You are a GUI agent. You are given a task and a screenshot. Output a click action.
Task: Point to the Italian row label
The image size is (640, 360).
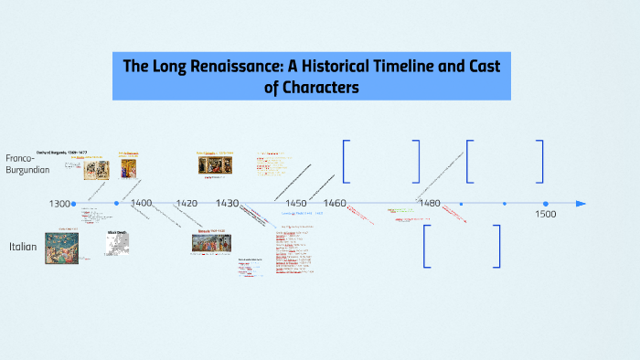23,247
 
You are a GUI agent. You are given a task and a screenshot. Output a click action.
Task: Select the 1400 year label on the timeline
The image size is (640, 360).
142,203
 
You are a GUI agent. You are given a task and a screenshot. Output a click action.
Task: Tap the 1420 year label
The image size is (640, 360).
187,203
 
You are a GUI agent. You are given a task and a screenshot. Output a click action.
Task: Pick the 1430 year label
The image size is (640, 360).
228,203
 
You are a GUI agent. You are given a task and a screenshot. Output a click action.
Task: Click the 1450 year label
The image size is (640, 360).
295,203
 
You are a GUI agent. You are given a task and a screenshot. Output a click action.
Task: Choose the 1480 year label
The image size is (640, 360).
428,203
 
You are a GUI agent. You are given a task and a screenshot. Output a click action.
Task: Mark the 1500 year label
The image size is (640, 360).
545,215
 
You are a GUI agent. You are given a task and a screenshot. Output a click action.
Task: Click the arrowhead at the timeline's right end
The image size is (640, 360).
581,204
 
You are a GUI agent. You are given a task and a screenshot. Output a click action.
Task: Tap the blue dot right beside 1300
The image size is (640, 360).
74,204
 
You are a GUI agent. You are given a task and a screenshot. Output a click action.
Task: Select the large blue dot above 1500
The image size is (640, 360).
546,204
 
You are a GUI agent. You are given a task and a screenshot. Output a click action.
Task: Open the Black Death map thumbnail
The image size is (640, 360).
118,242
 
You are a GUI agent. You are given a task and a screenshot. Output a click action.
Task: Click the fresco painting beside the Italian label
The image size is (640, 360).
61,248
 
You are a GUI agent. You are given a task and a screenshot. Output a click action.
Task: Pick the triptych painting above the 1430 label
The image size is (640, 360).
216,165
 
